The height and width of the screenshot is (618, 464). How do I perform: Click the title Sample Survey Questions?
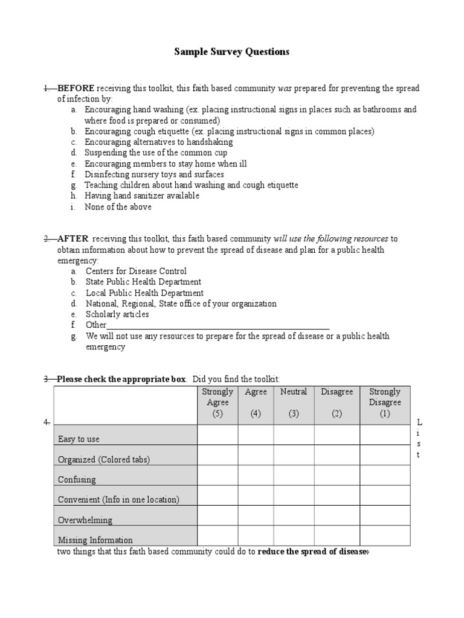232,52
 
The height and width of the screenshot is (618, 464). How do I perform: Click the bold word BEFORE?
76,88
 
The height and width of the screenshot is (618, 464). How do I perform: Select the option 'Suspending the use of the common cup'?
156,153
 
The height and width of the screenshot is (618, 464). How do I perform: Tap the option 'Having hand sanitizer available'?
142,196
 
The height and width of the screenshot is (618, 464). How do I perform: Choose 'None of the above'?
118,206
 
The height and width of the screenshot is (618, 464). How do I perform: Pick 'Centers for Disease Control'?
136,271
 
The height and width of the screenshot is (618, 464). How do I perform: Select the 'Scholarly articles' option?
117,314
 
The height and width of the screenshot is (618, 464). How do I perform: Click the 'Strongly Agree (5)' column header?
217,403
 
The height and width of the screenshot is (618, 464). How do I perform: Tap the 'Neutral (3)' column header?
294,403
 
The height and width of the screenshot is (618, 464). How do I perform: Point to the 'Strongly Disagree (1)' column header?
385,403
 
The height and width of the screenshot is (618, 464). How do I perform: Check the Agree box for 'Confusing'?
256,476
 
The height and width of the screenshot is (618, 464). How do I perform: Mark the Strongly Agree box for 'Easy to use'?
217,435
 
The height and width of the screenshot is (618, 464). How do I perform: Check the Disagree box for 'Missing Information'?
337,536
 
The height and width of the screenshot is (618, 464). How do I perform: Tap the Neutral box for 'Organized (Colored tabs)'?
294,455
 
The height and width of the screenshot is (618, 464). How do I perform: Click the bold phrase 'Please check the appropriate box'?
121,379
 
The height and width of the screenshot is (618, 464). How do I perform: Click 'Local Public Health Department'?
144,293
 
